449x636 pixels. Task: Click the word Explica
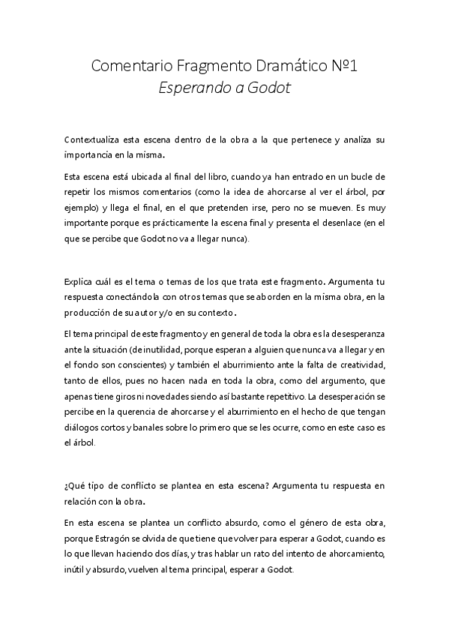click(x=79, y=282)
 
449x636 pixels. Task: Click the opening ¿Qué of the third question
click(x=75, y=485)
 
